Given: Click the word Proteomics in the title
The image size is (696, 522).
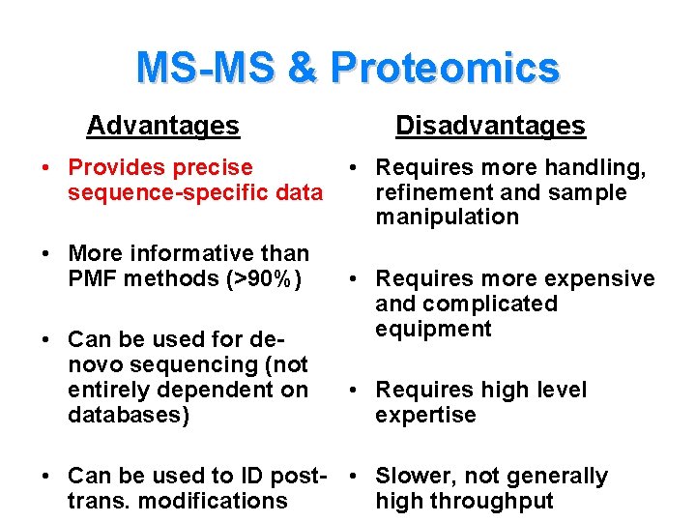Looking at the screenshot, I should tap(444, 69).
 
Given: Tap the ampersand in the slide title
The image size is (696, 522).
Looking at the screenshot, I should tap(302, 69).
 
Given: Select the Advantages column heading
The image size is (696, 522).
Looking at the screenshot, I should tap(162, 126).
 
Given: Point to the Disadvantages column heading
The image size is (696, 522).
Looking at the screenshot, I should tap(490, 126).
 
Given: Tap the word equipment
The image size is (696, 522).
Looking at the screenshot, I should tap(434, 329).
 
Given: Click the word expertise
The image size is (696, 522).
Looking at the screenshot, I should tap(425, 416).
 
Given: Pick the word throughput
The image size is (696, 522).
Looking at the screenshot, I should tap(493, 501).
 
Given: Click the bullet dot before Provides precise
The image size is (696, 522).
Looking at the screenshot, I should tap(46, 169).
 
